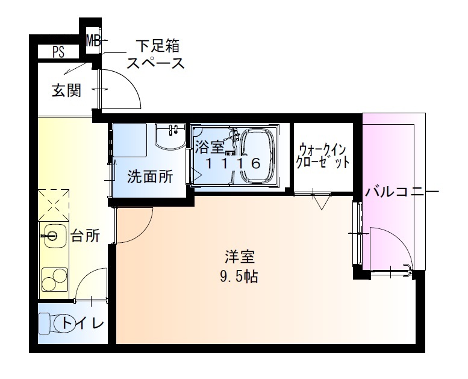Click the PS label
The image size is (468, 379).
(58, 52)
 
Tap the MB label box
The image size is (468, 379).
(93, 41)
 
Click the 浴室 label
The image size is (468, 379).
(208, 146)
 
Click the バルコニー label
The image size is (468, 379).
(402, 193)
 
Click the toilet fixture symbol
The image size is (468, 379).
(48, 324)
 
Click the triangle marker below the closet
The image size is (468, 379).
(320, 202)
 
